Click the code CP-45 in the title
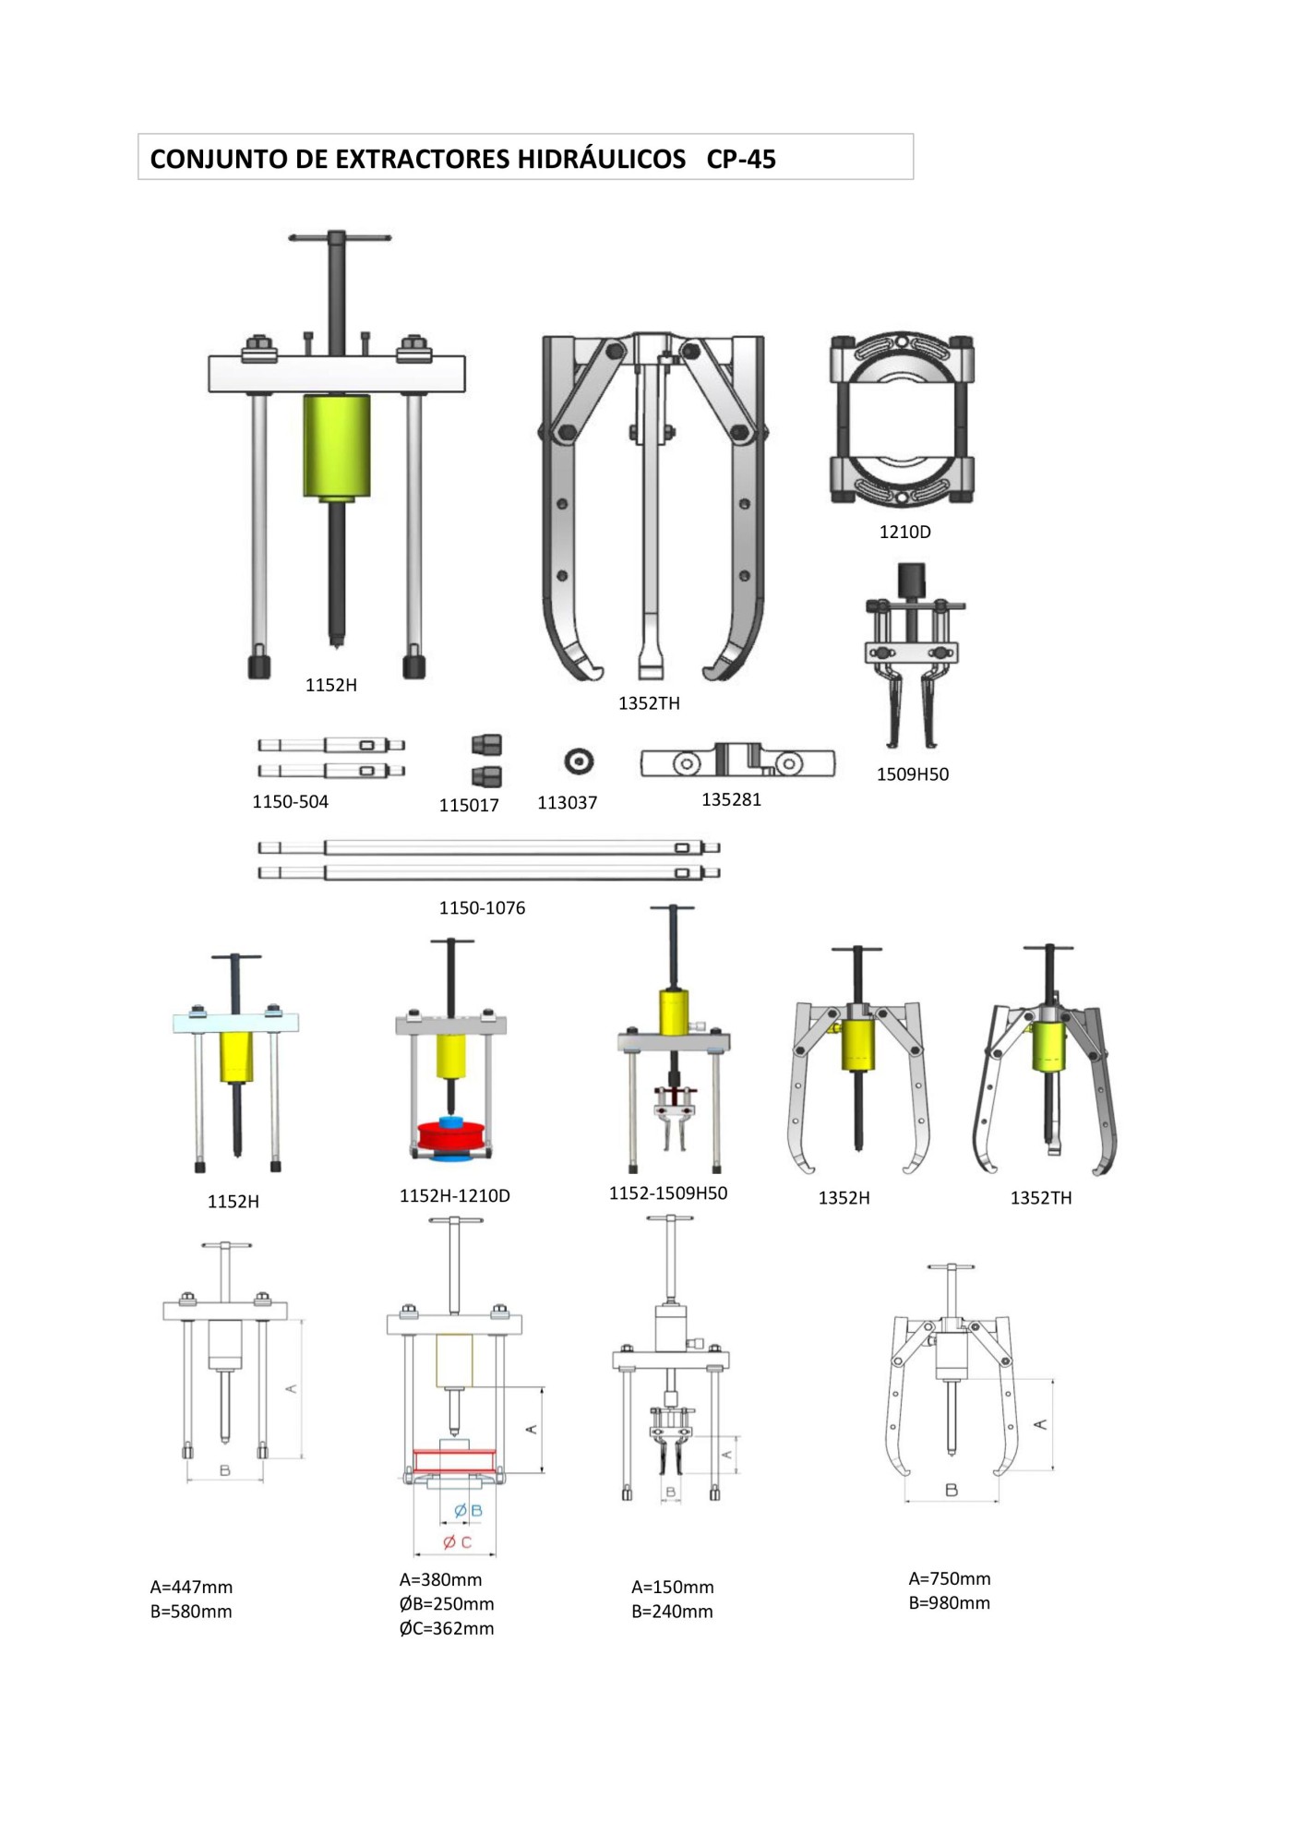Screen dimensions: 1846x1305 740,160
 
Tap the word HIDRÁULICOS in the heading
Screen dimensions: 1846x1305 601,160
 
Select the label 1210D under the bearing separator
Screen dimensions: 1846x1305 904,533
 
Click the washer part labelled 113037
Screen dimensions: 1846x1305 579,761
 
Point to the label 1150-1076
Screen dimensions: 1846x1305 482,908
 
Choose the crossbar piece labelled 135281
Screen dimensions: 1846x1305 737,762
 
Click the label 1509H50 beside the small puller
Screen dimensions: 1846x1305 912,774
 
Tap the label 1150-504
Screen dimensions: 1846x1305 290,802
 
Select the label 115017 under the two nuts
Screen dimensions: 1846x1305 468,806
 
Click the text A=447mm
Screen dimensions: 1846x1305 191,1588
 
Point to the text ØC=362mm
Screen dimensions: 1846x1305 447,1629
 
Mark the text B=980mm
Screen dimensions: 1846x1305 949,1603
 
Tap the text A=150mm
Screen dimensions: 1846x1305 672,1588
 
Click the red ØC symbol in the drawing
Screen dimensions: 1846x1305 457,1542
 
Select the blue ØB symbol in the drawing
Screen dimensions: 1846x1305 468,1511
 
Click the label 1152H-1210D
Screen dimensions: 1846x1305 454,1196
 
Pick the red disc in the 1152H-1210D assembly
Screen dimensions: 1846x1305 451,1136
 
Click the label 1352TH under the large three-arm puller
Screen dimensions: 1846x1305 649,703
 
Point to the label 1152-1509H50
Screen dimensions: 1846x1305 667,1193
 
